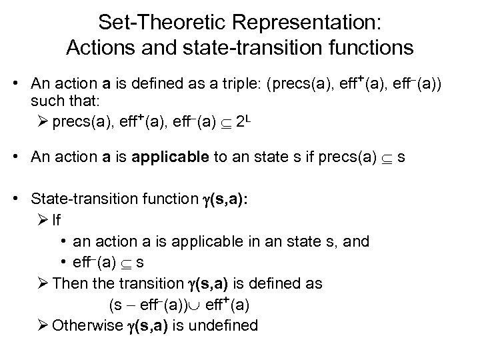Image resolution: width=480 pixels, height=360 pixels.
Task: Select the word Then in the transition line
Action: (x=69, y=283)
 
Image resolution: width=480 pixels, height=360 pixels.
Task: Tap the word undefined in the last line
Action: (x=225, y=325)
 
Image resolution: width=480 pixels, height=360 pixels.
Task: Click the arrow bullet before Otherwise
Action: (x=43, y=325)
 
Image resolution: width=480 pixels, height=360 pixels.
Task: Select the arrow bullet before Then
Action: (x=43, y=283)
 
